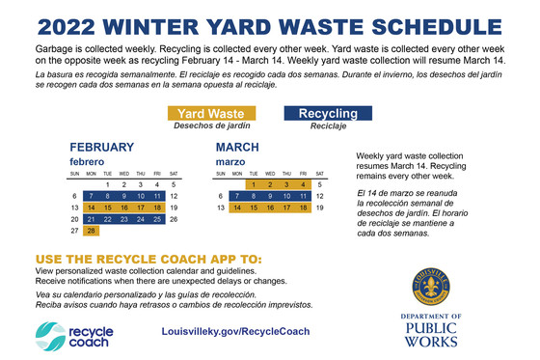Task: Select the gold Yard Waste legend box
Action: click(211, 114)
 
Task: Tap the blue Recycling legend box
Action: click(329, 114)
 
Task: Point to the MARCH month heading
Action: click(237, 147)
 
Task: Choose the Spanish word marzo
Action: click(230, 160)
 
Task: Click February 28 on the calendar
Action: click(92, 231)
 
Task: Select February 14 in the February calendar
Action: click(92, 208)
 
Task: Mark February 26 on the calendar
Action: click(173, 219)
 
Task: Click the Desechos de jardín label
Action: click(211, 126)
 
